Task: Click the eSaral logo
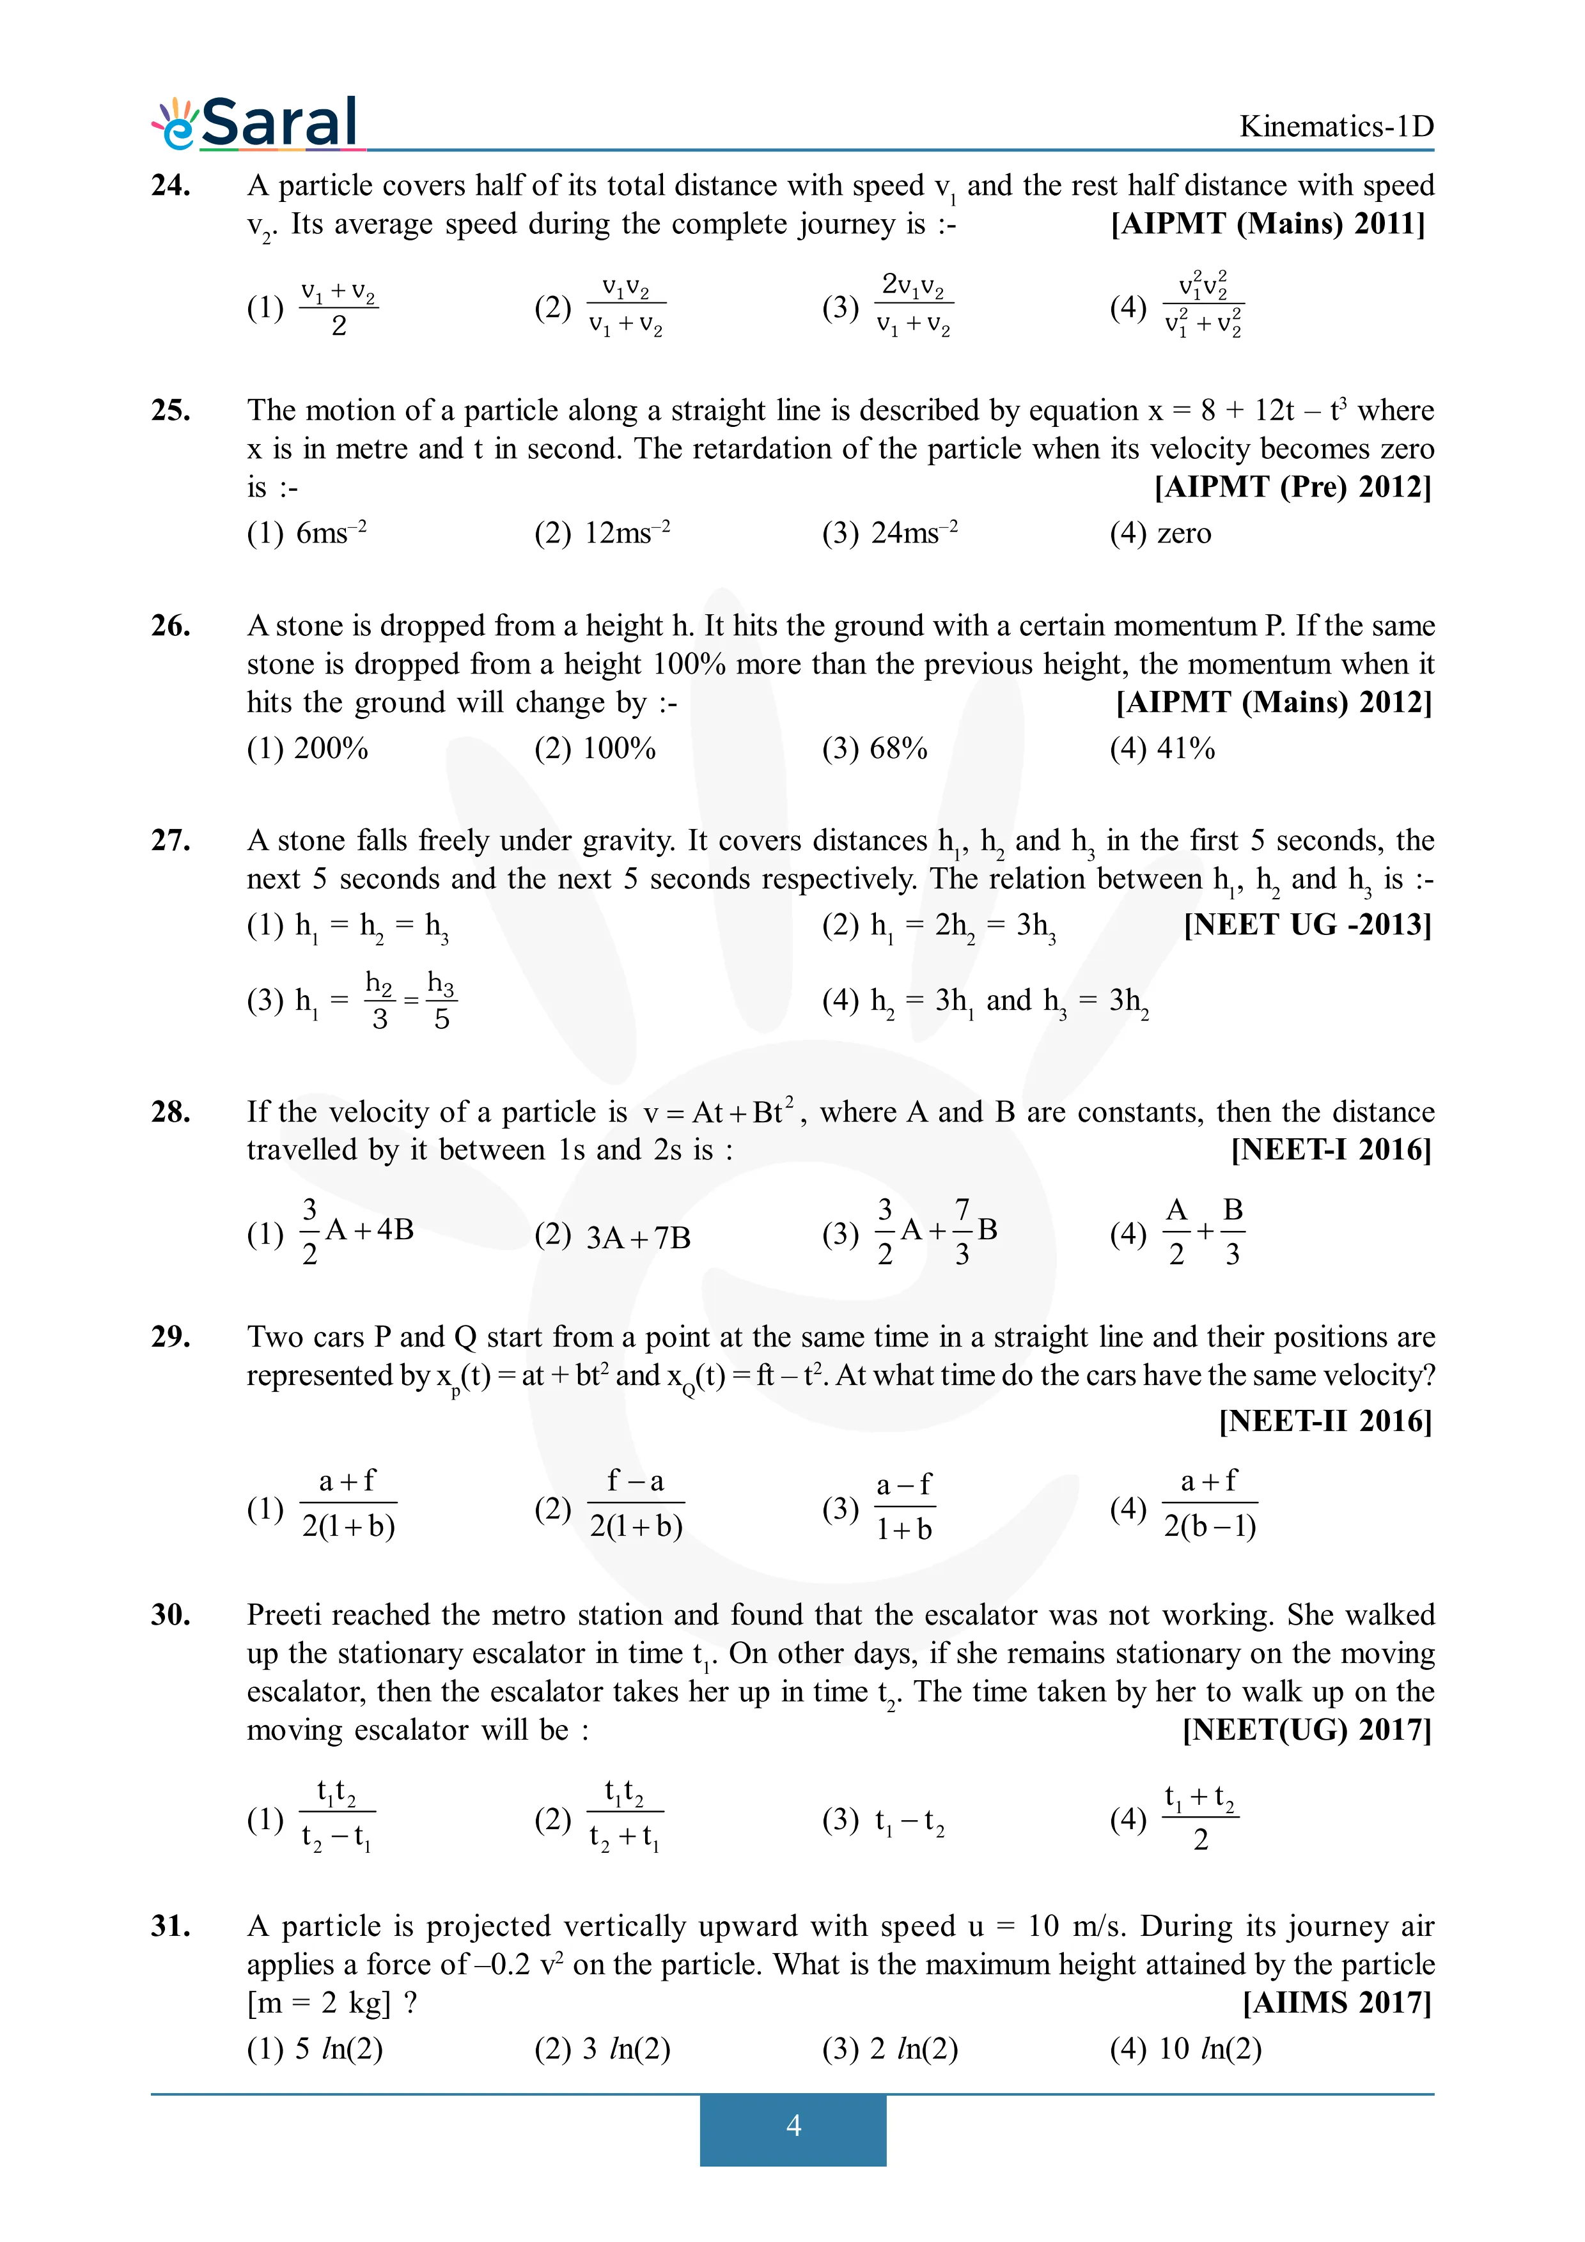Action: tap(256, 123)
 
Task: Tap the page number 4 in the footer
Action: tap(793, 2125)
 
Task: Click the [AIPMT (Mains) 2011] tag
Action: tap(1268, 224)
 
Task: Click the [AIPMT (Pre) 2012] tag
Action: tap(1292, 486)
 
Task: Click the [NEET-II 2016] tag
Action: tap(1324, 1421)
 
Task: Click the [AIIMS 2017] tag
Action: tap(1336, 2003)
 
